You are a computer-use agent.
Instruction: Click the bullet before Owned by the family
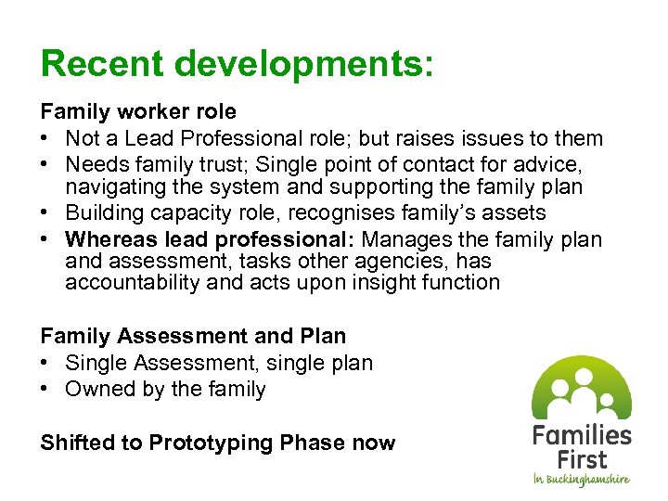(46, 389)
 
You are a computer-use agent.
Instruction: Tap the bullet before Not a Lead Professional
(46, 139)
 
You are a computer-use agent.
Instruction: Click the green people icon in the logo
(581, 388)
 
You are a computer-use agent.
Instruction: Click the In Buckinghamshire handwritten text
(582, 480)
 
